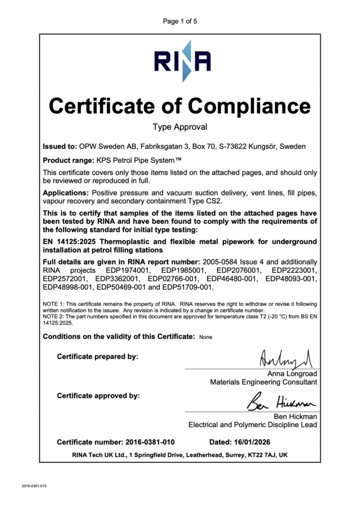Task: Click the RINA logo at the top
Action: tap(182, 61)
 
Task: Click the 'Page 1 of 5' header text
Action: tap(180, 21)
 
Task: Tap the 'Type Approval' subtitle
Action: tap(180, 127)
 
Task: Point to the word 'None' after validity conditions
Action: tap(205, 337)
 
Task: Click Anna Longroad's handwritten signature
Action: tap(277, 357)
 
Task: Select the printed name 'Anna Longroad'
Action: tap(292, 373)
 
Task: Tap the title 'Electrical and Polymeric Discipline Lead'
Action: tap(253, 424)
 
